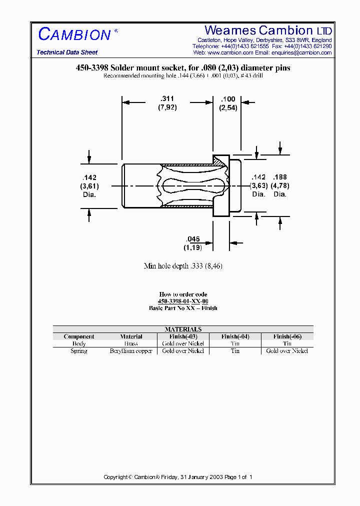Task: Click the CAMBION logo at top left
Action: point(75,34)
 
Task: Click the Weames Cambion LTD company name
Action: point(268,30)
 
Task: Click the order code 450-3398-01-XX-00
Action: point(183,301)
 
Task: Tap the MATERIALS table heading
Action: point(183,329)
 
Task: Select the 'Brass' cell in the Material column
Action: point(131,344)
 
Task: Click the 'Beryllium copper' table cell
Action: point(131,351)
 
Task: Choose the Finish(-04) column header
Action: point(235,336)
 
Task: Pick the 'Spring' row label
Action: point(79,351)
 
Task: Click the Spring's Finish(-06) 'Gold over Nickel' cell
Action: point(287,351)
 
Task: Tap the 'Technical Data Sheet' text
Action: point(67,52)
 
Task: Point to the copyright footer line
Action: point(178,477)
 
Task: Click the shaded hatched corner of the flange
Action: point(219,160)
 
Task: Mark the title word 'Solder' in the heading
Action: point(122,67)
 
